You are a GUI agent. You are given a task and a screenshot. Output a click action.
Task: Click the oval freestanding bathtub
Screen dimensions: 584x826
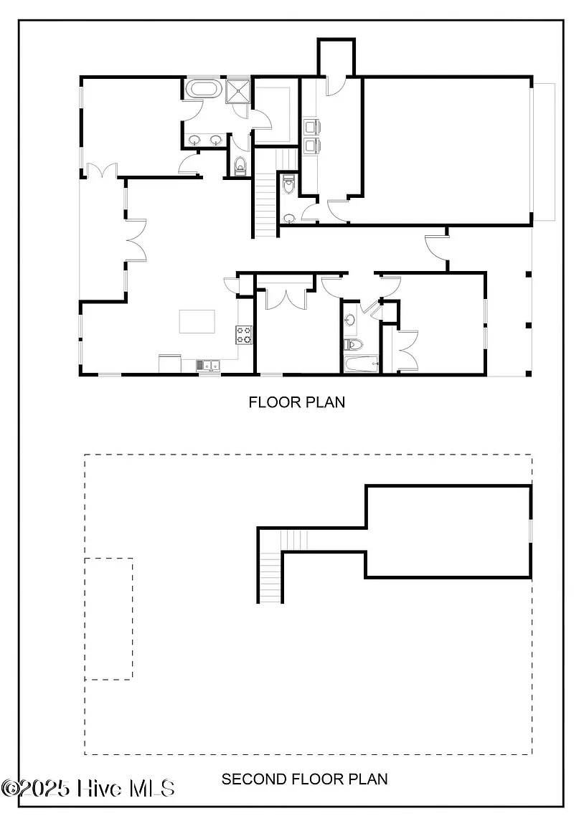point(204,88)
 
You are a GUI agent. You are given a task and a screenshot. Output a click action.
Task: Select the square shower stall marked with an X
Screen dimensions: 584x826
point(237,90)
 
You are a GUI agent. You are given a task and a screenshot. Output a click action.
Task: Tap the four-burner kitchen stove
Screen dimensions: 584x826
point(244,335)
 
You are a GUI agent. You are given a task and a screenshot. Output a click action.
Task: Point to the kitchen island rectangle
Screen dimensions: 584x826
point(197,321)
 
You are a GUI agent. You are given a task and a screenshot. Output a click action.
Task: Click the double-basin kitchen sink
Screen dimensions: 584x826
point(209,365)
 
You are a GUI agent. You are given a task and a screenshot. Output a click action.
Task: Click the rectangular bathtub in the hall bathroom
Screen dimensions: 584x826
point(362,364)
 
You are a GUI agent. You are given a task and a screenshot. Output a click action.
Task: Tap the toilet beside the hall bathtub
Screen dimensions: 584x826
point(354,345)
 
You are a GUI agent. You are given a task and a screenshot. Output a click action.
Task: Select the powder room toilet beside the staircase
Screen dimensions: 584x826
point(289,186)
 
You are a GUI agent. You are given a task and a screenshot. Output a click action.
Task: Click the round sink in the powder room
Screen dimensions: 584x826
point(289,217)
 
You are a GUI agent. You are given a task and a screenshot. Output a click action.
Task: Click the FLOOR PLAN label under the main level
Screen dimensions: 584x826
point(297,402)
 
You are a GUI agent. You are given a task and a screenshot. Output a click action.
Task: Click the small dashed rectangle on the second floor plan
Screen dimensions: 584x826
point(108,619)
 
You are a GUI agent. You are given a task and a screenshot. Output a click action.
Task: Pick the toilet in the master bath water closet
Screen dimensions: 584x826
point(240,166)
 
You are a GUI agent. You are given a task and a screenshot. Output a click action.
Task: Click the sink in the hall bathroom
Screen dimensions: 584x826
point(351,320)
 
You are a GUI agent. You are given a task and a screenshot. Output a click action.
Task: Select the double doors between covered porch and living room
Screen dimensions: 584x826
point(136,240)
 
